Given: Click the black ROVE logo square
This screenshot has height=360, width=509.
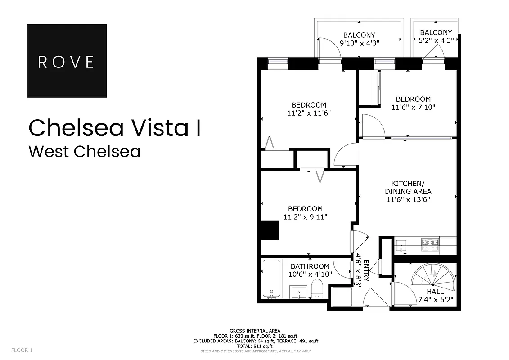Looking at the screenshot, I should coord(67,61).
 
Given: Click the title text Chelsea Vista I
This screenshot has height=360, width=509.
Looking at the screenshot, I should coord(114,128).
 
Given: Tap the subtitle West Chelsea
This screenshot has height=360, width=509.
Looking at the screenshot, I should coord(84,152).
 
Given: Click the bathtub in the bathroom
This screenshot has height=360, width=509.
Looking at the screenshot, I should coord(271,279).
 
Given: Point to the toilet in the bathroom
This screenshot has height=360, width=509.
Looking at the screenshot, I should coord(317,289).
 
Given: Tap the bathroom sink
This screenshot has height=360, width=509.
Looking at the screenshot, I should coord(297,292).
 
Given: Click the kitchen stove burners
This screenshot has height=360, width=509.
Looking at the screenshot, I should coord(430,244).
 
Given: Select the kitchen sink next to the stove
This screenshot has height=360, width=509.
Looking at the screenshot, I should coord(402,245).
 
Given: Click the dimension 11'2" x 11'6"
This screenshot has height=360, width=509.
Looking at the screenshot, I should coord(309,113).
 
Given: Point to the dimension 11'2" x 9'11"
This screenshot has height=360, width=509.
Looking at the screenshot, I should coord(305,217).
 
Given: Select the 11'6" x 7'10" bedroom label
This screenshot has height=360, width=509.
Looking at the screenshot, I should coord(413,107).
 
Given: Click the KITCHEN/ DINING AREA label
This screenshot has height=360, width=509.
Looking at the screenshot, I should coord(408,191).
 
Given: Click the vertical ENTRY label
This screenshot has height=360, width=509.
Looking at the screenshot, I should coord(366,270).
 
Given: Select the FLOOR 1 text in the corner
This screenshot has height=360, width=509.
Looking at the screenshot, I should coord(22,350).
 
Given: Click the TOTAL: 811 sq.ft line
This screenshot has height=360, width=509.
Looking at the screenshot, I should coord(255,346).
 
